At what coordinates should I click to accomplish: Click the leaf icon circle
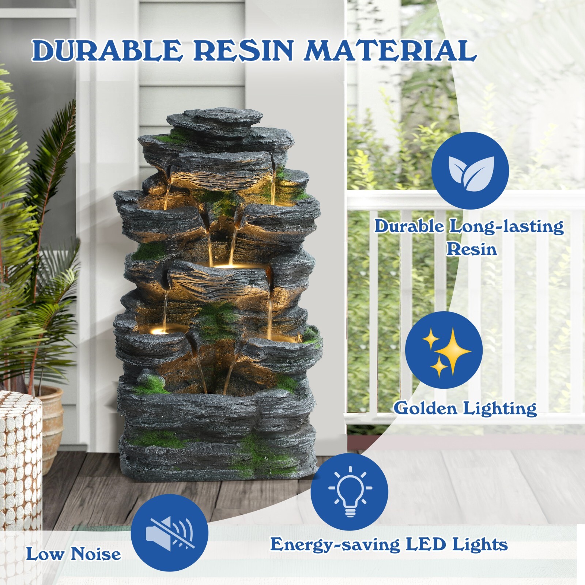470,171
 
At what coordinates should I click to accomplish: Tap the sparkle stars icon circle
444,350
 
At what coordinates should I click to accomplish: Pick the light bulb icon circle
349,492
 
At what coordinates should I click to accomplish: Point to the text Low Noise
73,554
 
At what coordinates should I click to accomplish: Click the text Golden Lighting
465,408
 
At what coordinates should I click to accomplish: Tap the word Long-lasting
506,227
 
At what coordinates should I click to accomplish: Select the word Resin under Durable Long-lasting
472,249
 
